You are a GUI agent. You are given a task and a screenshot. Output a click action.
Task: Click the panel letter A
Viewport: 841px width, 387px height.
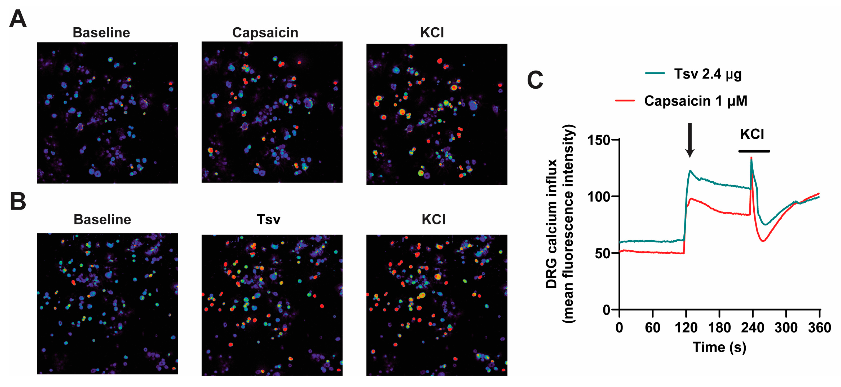tap(18, 19)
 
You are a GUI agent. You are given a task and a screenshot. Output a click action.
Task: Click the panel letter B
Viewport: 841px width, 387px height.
tap(18, 201)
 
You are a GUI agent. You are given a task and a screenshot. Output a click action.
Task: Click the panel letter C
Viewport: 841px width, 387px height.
tap(535, 80)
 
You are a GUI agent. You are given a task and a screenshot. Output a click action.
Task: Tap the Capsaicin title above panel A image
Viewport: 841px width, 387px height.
tap(265, 33)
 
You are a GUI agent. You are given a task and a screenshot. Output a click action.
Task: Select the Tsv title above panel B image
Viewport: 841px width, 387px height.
tap(268, 219)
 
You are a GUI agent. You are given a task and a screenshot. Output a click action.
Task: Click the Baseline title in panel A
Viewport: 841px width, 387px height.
tap(101, 33)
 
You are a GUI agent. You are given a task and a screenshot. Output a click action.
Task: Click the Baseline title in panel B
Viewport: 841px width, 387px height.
tap(102, 219)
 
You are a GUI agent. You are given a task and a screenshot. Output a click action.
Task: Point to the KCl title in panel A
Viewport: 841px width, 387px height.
tap(432, 33)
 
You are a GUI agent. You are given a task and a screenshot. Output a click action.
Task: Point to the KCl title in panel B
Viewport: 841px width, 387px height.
tap(434, 219)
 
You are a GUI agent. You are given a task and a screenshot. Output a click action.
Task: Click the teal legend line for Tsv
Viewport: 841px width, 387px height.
tap(655, 73)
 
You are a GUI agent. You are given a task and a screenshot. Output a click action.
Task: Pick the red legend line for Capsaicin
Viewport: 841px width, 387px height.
tap(625, 101)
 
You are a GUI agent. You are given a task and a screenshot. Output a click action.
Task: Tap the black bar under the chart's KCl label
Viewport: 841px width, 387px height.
tap(754, 151)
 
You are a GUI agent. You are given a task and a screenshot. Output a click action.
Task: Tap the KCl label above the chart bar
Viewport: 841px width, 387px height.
tap(752, 134)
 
